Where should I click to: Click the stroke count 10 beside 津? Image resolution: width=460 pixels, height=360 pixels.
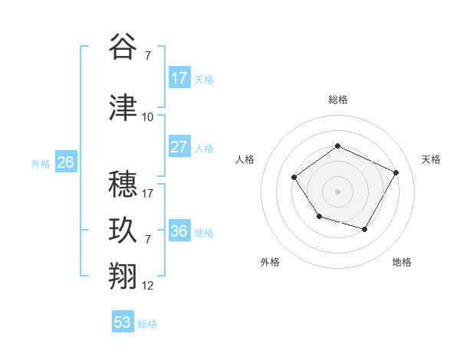[x=148, y=117]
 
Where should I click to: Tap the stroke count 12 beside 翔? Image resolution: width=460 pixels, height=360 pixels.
[x=148, y=286]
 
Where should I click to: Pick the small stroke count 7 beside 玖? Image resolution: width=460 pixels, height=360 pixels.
[x=147, y=240]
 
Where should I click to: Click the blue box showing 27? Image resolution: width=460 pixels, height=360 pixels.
[x=179, y=147]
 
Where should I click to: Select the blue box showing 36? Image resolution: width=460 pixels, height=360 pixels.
[x=179, y=231]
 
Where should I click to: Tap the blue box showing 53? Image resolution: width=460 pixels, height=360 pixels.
[x=123, y=322]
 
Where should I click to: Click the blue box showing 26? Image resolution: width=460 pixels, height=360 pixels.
[x=65, y=162]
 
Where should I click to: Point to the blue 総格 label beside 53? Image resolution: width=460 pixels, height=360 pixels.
[x=147, y=324]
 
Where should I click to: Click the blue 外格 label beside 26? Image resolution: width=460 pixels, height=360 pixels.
[x=41, y=163]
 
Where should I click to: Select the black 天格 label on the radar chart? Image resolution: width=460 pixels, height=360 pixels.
[x=432, y=159]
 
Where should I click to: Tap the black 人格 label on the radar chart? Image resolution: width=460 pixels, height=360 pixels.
[x=245, y=159]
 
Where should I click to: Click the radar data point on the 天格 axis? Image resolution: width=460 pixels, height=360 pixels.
[x=396, y=172]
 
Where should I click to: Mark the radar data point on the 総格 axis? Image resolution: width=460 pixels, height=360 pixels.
[x=337, y=146]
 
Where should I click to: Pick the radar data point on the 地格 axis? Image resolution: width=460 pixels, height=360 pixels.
[x=365, y=229]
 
